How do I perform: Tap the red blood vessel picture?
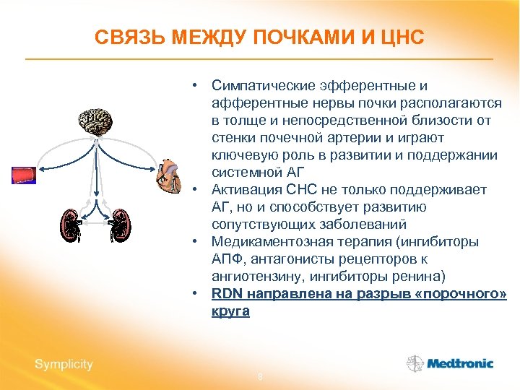pyautogui.click(x=23, y=175)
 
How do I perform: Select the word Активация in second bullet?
pyautogui.click(x=243, y=190)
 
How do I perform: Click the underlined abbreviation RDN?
pyautogui.click(x=227, y=294)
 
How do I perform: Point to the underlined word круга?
pyautogui.click(x=230, y=311)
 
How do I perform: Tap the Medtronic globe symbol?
pyautogui.click(x=415, y=363)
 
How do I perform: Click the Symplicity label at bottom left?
pyautogui.click(x=64, y=364)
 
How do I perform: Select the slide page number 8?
pyautogui.click(x=260, y=377)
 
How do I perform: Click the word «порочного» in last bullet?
pyautogui.click(x=466, y=294)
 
